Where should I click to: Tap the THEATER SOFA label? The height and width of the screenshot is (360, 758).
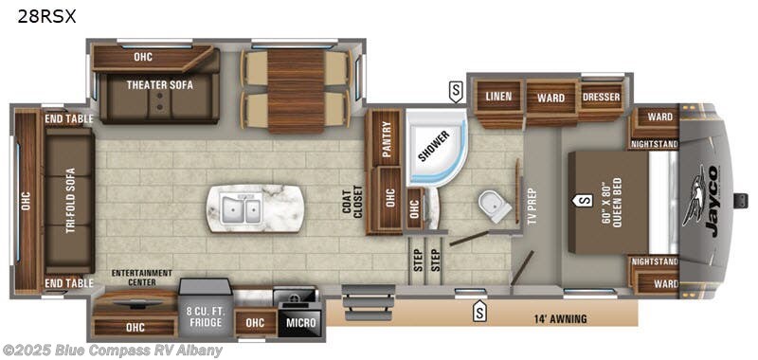(x=160, y=84)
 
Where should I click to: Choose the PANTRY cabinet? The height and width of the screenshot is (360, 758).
(x=386, y=136)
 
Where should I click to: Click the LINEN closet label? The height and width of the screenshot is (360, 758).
(x=498, y=97)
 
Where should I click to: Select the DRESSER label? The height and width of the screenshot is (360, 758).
(x=600, y=97)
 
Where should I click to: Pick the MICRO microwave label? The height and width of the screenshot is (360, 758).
(x=302, y=322)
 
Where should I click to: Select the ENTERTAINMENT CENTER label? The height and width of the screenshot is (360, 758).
(x=141, y=278)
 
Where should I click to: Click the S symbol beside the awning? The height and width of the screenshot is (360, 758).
(x=480, y=309)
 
